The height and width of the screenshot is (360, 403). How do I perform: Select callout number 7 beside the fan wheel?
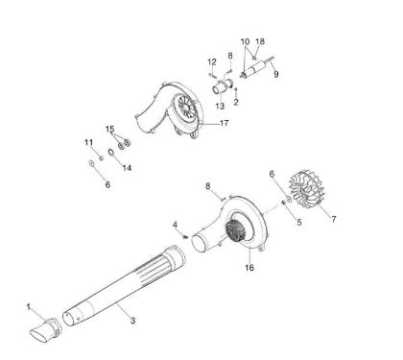coord(333,219)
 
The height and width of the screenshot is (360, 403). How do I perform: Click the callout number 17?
coord(251,125)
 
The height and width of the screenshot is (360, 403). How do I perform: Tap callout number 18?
coord(261,42)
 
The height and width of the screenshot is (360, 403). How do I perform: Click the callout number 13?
coord(219,106)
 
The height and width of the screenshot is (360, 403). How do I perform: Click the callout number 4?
coord(175,225)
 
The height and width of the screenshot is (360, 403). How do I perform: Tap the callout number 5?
coord(298,221)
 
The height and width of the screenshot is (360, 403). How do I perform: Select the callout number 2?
coord(236,102)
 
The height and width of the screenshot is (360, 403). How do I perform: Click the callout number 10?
coord(244,42)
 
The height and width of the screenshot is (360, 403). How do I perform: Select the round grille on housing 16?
coord(234,235)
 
